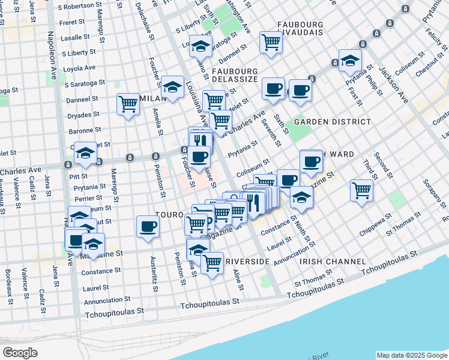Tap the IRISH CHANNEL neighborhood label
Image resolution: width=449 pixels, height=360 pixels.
point(333,262)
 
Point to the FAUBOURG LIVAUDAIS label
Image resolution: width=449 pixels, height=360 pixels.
point(309,25)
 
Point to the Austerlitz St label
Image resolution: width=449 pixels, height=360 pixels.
point(154,275)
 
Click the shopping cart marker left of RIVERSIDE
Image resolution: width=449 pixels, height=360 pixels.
point(212,263)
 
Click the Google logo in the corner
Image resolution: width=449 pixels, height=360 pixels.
point(20,353)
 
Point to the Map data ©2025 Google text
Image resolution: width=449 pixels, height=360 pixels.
point(412,355)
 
